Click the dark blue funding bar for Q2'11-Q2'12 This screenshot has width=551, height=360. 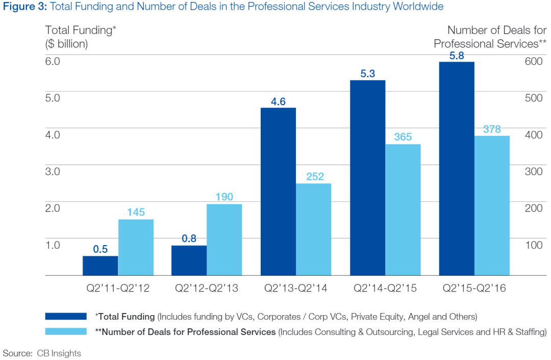(101, 266)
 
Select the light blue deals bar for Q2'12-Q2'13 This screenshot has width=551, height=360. (224, 239)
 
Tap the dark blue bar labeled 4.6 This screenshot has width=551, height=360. (278, 191)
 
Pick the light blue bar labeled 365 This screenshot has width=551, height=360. (403, 210)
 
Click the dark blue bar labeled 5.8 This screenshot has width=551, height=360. (457, 169)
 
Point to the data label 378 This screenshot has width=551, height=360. (492, 129)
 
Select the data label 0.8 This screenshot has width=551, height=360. (189, 237)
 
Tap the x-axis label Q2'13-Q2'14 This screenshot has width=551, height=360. (295, 289)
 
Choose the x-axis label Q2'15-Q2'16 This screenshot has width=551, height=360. (474, 289)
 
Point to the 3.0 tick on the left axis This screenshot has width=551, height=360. (53, 171)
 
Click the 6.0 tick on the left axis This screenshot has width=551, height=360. (53, 61)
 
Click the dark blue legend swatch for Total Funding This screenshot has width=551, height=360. (66, 317)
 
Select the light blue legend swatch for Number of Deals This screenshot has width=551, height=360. (66, 332)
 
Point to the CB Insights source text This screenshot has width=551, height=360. (59, 353)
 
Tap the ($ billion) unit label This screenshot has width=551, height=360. (67, 44)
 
